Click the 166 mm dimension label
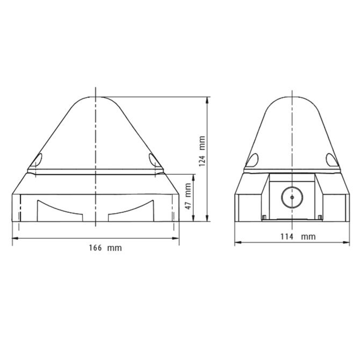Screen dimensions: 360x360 105,248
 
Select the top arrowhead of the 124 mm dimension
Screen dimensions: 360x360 207,99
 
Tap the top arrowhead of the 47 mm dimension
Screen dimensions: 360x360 194,176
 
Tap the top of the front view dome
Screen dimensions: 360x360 96,97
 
